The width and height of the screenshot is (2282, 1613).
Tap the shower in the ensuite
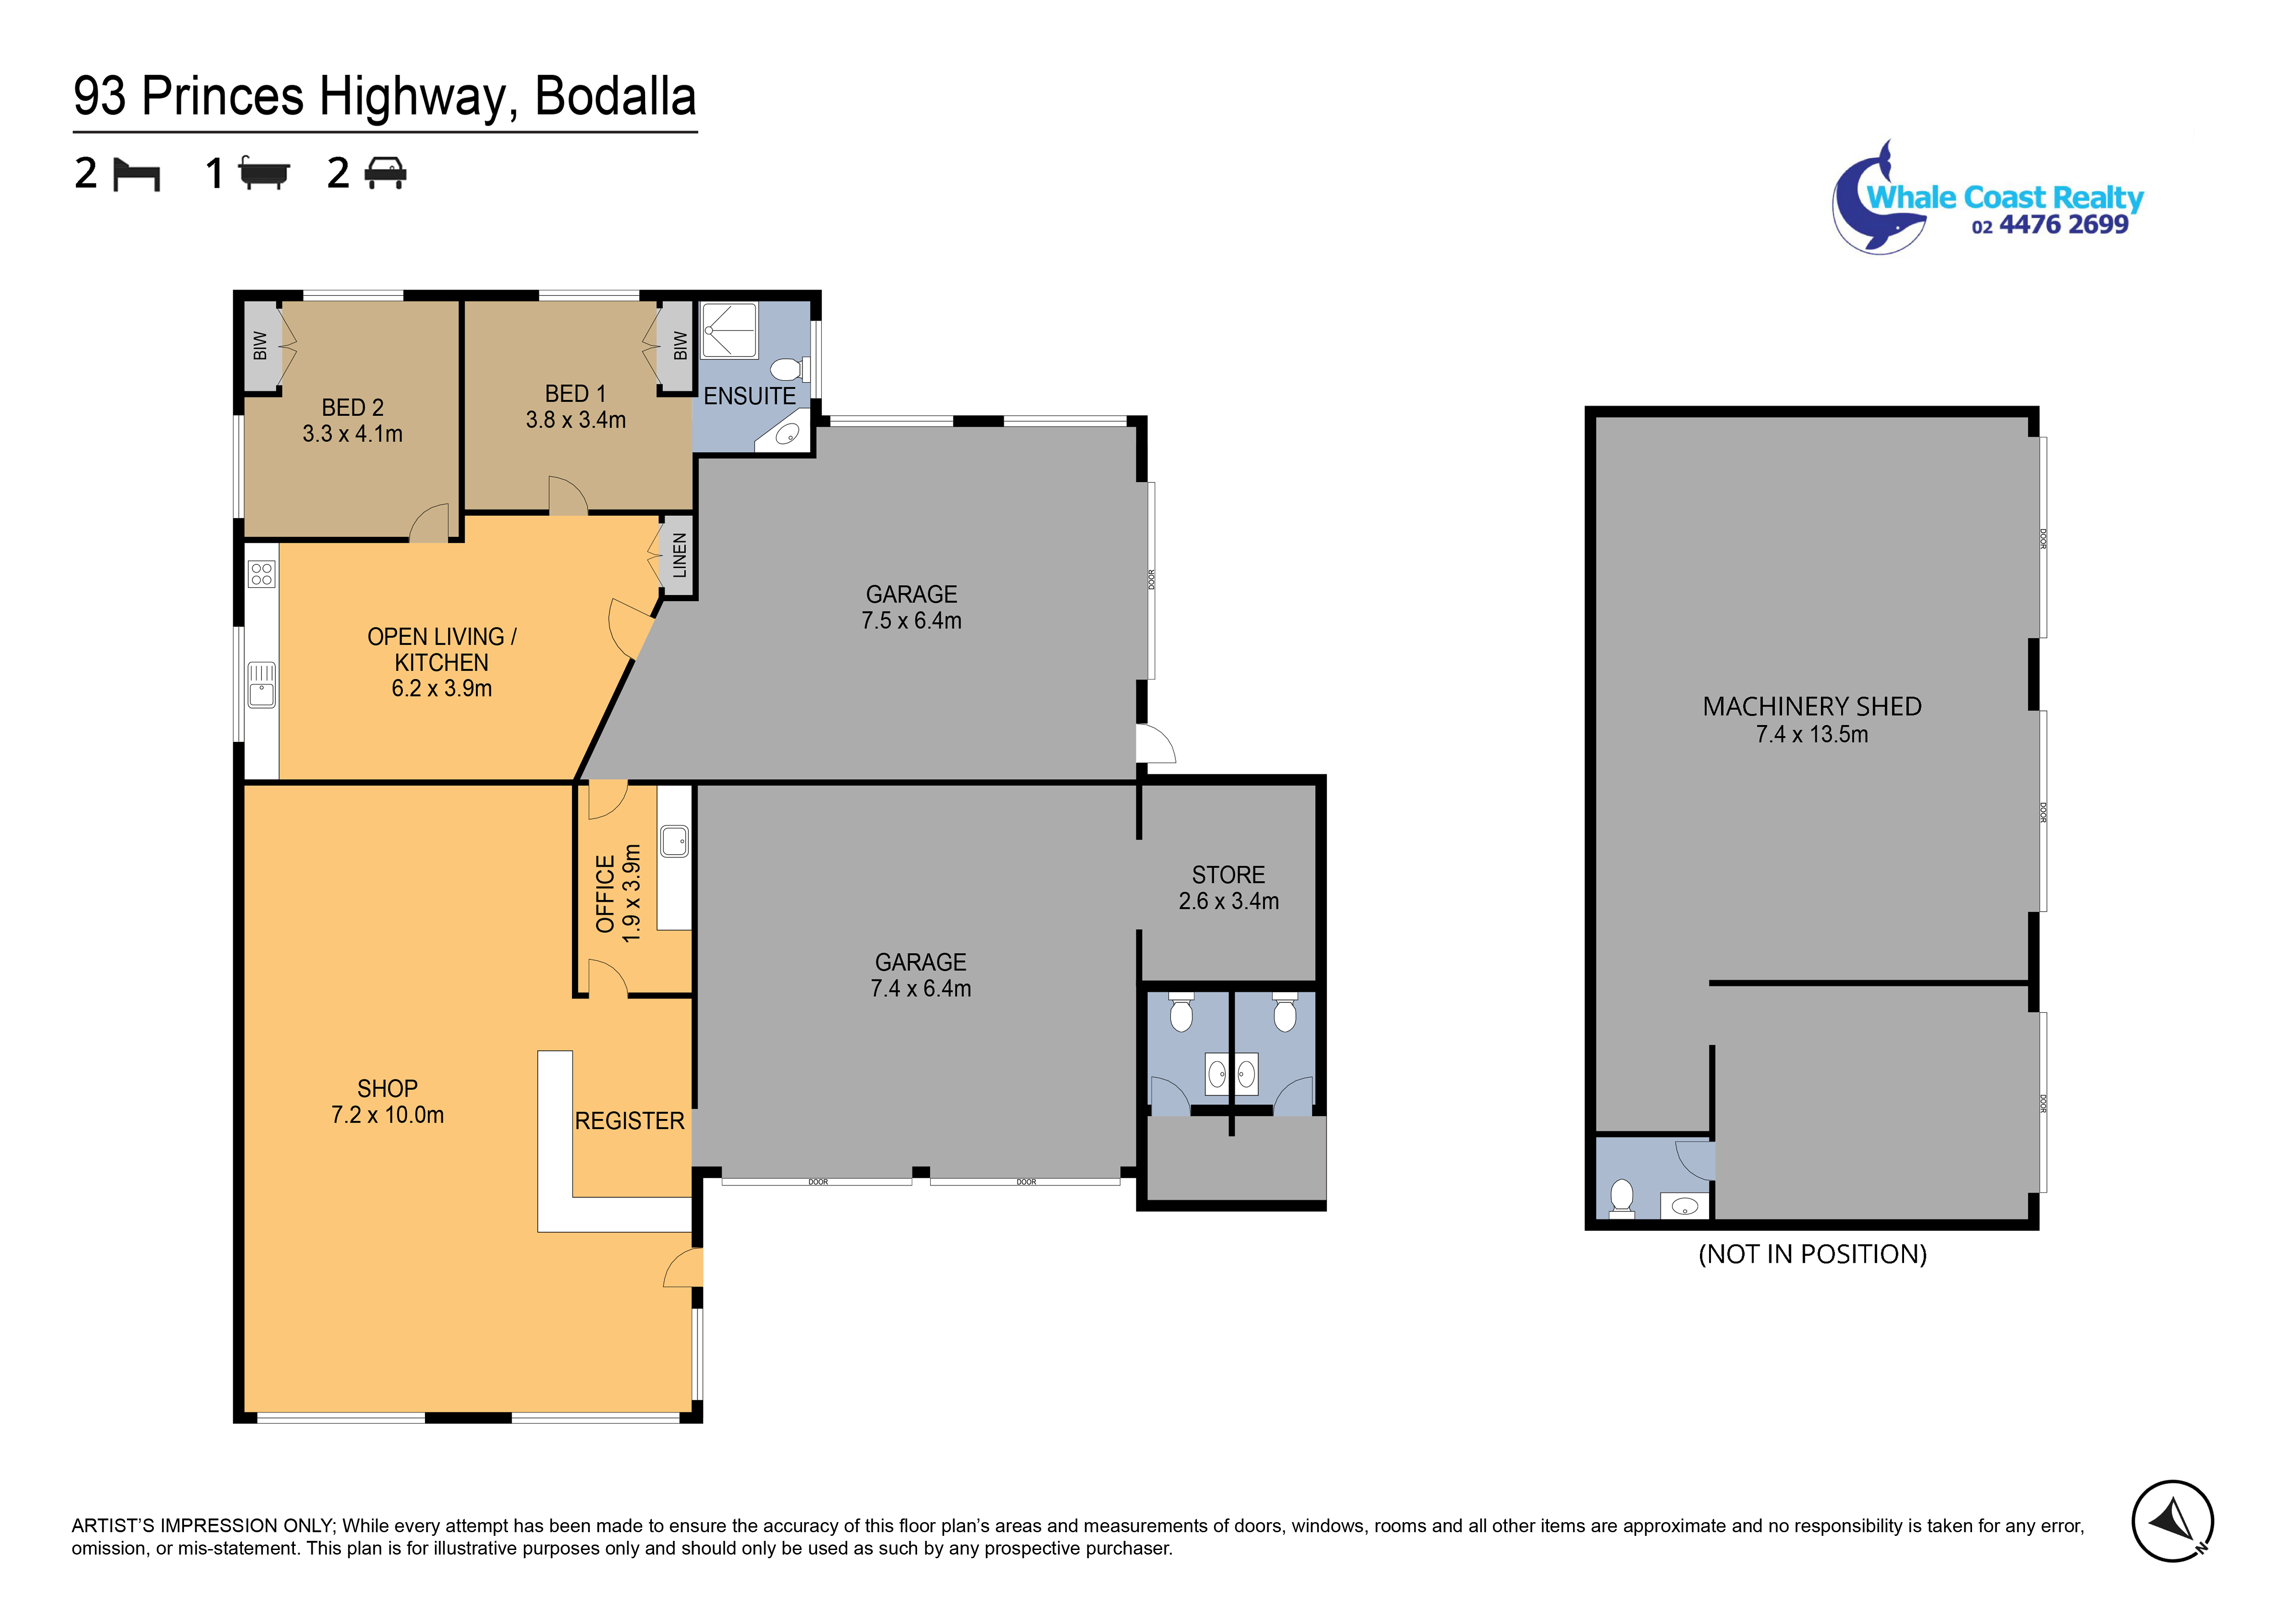pos(729,330)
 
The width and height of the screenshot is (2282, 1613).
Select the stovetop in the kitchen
pos(262,573)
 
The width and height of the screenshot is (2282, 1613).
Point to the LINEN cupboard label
pos(680,556)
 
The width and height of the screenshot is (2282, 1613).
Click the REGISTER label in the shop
pos(630,1121)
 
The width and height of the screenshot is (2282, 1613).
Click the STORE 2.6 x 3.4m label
pos(1228,888)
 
